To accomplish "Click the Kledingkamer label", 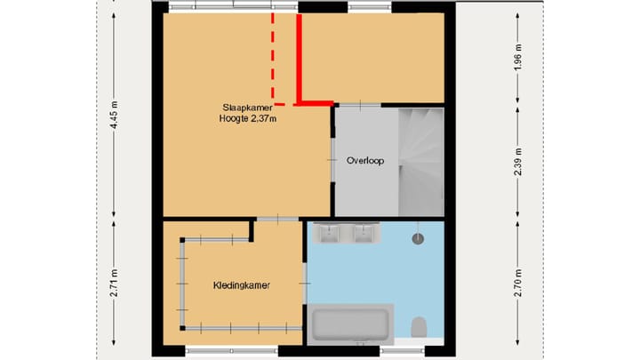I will click(x=241, y=285).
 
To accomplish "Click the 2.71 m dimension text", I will click(x=113, y=283).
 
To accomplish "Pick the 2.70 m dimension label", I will click(x=518, y=283).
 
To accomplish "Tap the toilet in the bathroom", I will click(x=420, y=327).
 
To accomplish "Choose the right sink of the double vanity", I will click(x=364, y=233).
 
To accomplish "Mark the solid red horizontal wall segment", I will click(x=315, y=103).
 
